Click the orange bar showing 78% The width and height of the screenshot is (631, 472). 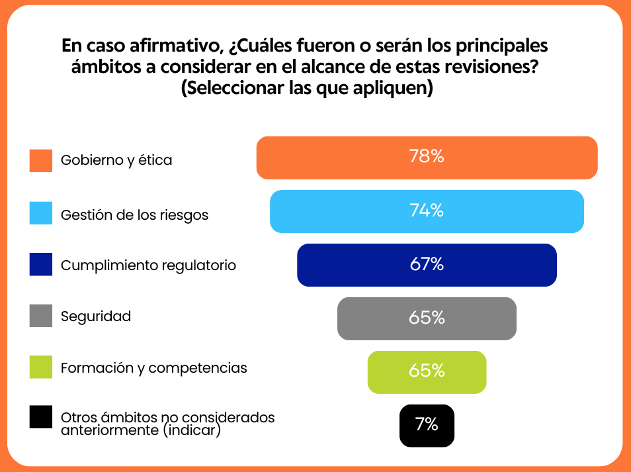click(x=427, y=158)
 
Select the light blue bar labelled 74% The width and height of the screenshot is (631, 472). click(x=427, y=211)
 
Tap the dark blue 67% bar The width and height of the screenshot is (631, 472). click(x=427, y=265)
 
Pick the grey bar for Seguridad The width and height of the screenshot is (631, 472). click(x=427, y=318)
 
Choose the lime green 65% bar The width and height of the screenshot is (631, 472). click(x=427, y=371)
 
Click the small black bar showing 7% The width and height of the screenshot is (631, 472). click(x=427, y=425)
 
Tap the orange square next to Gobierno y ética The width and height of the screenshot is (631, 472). click(x=41, y=160)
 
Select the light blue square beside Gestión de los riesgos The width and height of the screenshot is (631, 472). click(x=41, y=213)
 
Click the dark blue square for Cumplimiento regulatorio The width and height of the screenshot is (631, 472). click(x=41, y=264)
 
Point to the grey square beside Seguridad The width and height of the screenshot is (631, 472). click(x=41, y=316)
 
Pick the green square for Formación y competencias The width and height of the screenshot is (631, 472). click(x=41, y=367)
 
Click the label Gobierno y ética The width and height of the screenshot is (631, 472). click(x=116, y=160)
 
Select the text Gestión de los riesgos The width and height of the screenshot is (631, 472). click(x=134, y=215)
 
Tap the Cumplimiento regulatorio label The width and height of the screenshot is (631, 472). click(x=148, y=265)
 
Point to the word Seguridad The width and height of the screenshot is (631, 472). click(x=96, y=316)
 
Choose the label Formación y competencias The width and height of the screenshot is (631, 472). click(x=153, y=368)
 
